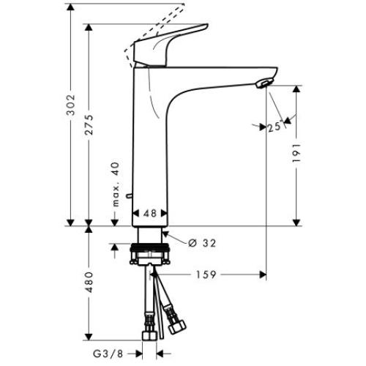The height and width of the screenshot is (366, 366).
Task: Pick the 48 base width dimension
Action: pos(150,214)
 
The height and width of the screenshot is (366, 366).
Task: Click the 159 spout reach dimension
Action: pos(206,276)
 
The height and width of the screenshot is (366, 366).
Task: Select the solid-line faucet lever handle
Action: pos(170,46)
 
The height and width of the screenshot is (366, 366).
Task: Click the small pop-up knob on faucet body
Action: pos(130,196)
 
